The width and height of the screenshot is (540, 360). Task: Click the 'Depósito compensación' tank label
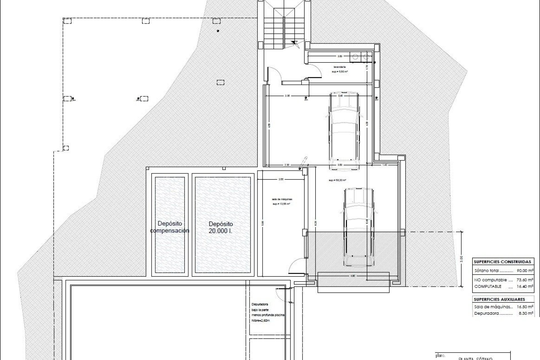tap(170, 227)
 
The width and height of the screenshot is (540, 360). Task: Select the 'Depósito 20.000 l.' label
tap(221, 227)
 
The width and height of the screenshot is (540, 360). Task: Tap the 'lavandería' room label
tap(339, 67)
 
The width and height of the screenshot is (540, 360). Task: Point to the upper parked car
tap(345, 131)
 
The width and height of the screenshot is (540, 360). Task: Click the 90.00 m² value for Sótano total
tap(525, 271)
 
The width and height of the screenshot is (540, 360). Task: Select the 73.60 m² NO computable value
tap(525, 280)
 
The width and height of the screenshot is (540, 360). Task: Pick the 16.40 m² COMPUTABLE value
tap(525, 286)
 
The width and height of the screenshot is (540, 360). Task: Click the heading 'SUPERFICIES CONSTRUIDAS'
tap(502, 262)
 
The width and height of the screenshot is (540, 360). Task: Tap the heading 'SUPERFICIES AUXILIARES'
tap(499, 299)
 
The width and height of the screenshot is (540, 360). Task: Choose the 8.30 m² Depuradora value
tap(525, 313)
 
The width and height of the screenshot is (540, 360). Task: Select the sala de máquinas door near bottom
tap(296, 266)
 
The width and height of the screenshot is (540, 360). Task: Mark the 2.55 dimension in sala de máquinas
tap(280, 179)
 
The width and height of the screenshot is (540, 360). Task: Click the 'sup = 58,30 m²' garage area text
tap(337, 180)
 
